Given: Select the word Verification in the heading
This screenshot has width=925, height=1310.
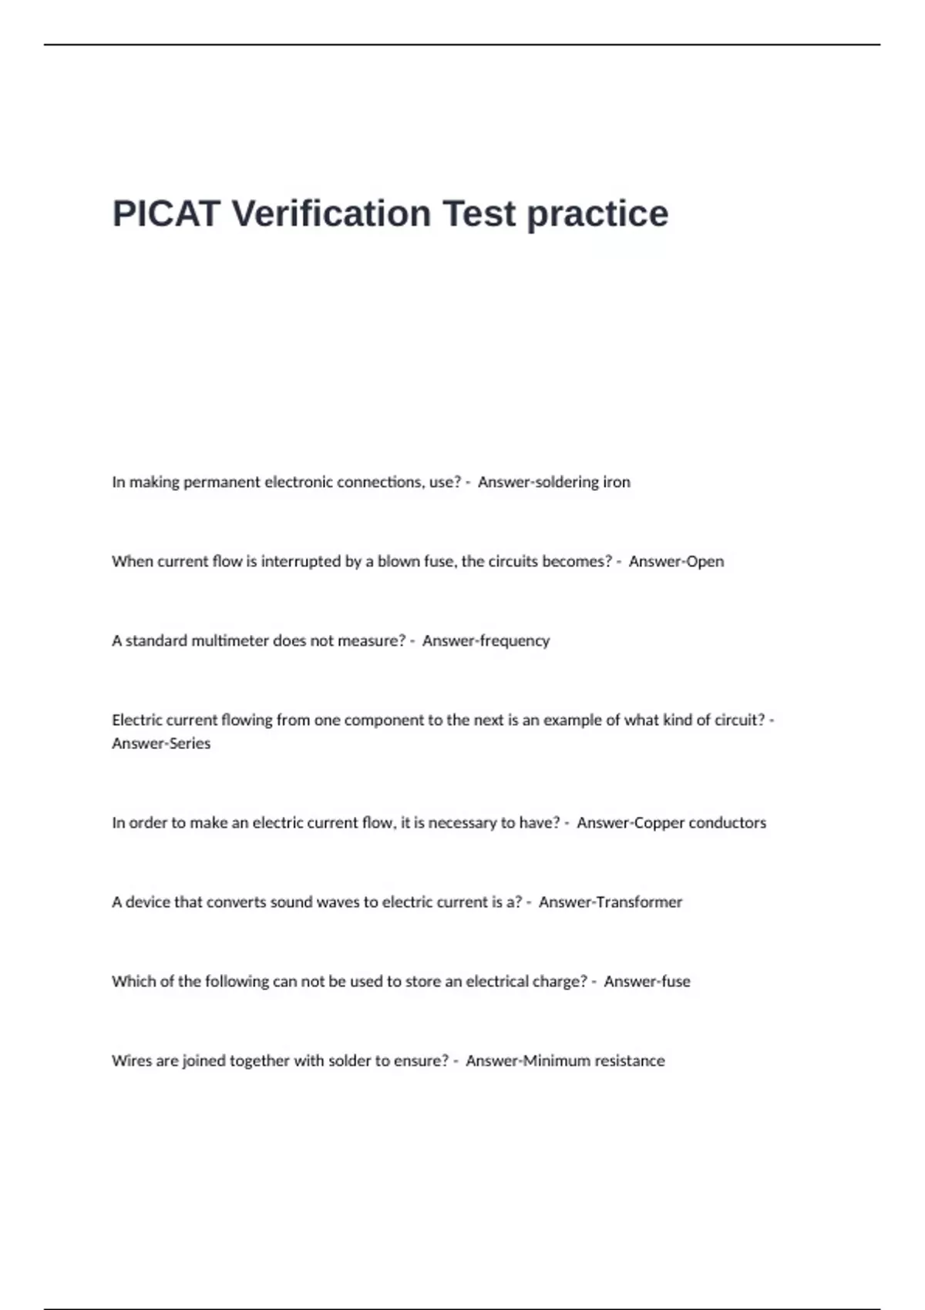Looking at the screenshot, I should click(331, 213).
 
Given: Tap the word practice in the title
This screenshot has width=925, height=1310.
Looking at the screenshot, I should click(597, 213).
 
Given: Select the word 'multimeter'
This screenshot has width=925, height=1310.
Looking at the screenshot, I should click(226, 641).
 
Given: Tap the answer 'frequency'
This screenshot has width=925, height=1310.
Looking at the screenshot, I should click(515, 641).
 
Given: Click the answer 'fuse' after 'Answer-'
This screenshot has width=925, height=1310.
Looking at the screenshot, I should click(675, 982).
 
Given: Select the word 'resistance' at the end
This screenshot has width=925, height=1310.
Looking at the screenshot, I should click(629, 1061).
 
